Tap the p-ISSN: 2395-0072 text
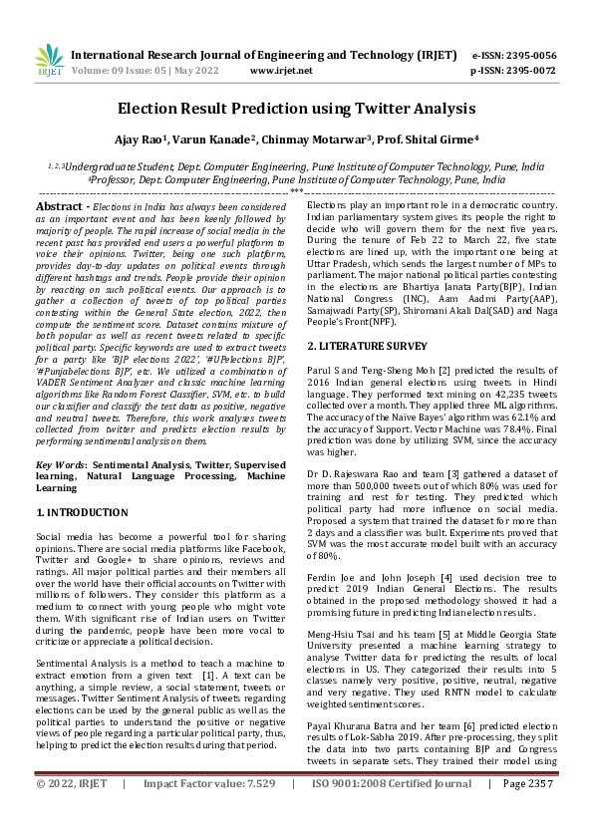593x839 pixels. [513, 71]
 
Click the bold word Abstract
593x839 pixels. [58, 205]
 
